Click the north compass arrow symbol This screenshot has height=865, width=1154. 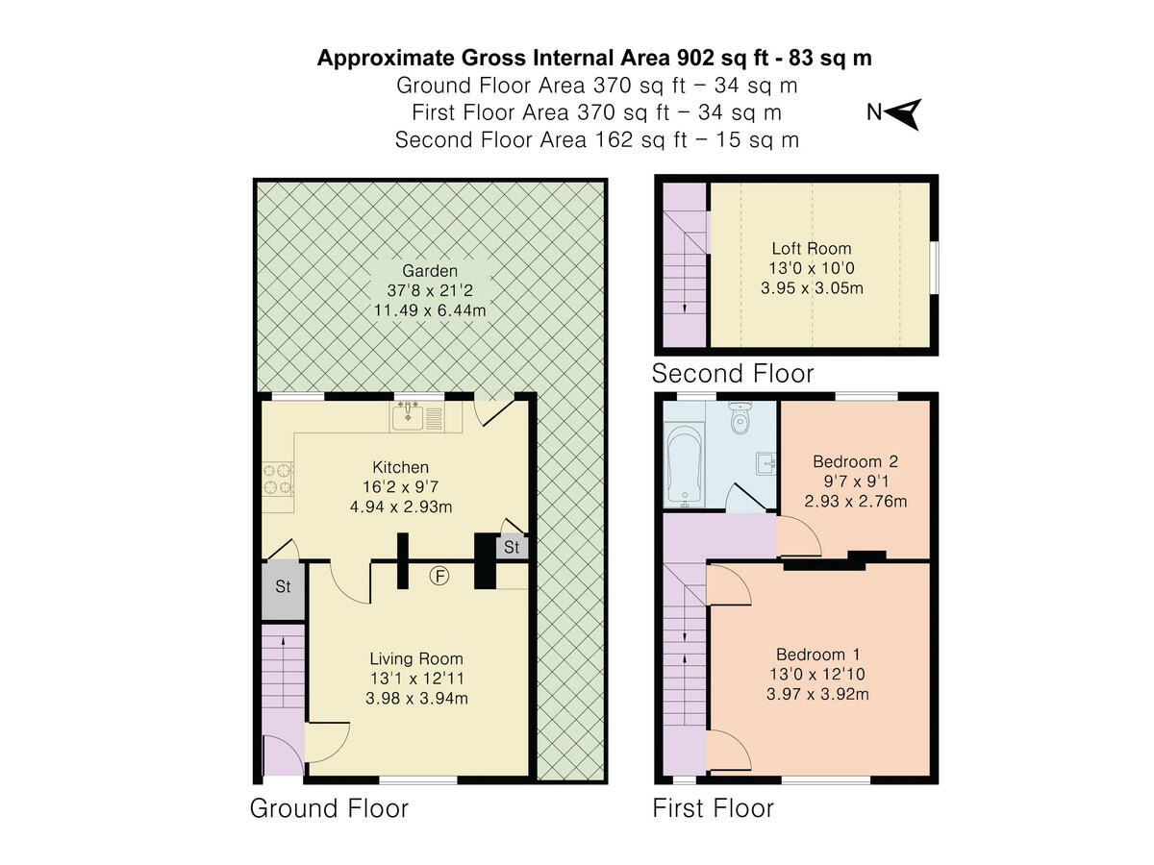click(905, 113)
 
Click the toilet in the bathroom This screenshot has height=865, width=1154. click(739, 420)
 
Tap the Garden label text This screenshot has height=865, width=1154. click(430, 271)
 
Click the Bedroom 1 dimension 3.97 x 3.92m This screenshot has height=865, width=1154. click(817, 693)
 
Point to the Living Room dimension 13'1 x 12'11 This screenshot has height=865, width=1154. click(416, 679)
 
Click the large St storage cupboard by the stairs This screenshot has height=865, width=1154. click(283, 586)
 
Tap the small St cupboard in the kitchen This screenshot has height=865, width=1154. click(512, 548)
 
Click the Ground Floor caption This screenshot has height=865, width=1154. click(329, 808)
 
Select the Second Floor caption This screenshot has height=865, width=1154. click(733, 373)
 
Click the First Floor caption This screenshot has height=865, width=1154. click(713, 808)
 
